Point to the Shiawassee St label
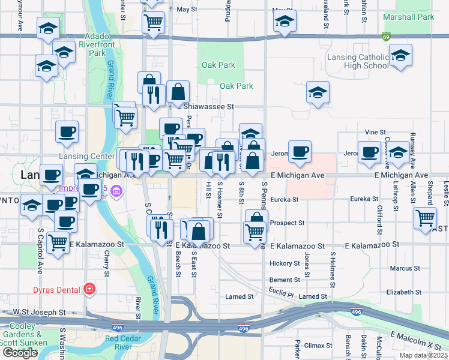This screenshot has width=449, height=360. (208, 106)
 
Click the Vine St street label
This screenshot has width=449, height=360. (375, 132)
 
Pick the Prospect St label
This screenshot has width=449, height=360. (287, 223)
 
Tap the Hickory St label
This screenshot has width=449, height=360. (285, 263)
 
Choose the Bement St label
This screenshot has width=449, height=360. (285, 280)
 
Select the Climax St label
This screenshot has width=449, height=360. (318, 346)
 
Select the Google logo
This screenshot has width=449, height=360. (20, 353)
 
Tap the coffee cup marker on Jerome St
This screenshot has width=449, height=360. (299, 152)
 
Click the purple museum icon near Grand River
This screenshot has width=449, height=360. (116, 193)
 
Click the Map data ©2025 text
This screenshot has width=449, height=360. (424, 355)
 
